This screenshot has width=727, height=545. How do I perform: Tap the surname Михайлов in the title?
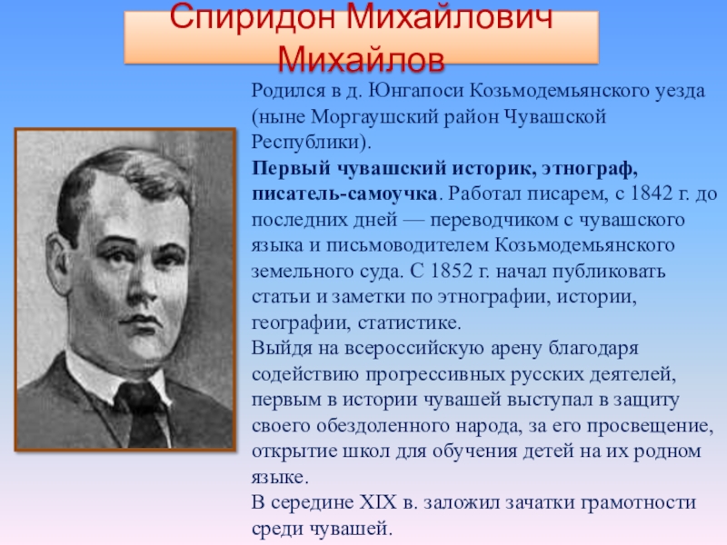362,60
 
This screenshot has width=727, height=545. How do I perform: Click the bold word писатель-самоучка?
344,194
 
